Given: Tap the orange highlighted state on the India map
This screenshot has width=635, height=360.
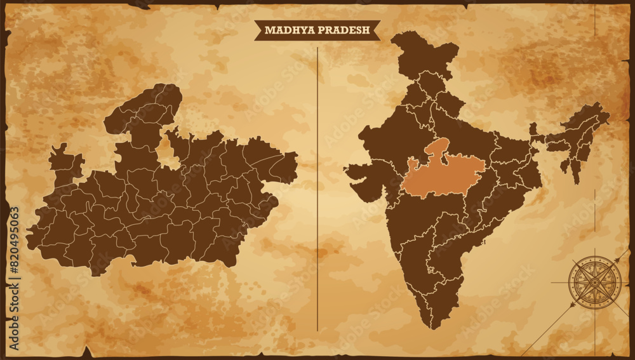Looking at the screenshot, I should (x=443, y=172).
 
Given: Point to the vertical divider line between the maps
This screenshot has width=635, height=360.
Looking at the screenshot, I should (x=317, y=190).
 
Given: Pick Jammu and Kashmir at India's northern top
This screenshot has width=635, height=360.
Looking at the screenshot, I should (x=424, y=51).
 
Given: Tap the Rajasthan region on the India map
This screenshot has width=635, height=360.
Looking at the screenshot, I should (x=391, y=137).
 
